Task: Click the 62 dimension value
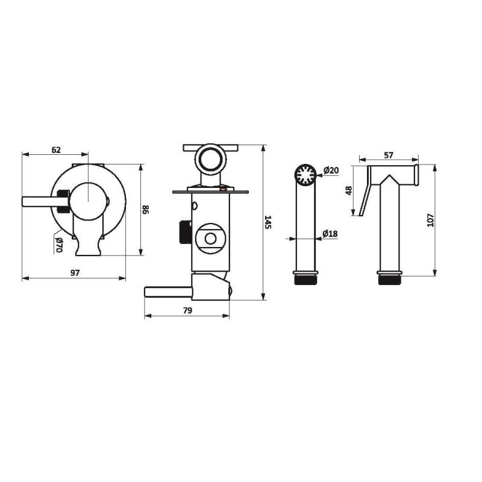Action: click(x=56, y=149)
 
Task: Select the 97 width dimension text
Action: click(x=75, y=273)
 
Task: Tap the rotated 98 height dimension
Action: click(x=146, y=210)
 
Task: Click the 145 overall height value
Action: click(x=268, y=222)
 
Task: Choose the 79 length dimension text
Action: click(x=187, y=310)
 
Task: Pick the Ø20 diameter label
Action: click(x=331, y=170)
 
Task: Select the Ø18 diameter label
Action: click(x=330, y=234)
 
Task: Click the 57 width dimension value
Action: click(x=389, y=155)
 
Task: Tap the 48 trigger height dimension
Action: click(x=349, y=190)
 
